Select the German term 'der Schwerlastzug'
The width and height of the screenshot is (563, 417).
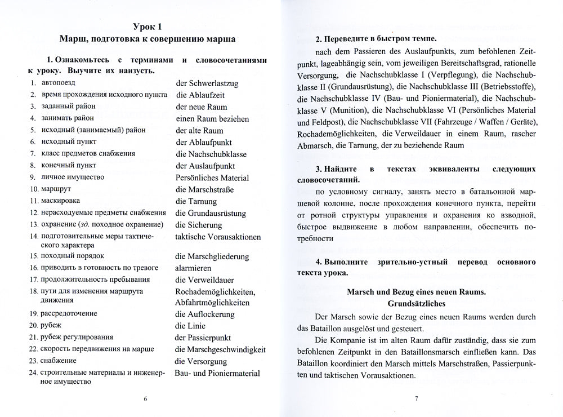207,83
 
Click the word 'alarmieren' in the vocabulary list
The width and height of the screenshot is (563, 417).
194,267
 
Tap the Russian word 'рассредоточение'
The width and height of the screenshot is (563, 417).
68,314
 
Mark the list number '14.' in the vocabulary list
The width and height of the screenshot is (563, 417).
33,237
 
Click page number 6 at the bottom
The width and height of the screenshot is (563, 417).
146,399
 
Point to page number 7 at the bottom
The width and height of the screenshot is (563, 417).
416,399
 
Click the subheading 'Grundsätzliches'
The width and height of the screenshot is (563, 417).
416,303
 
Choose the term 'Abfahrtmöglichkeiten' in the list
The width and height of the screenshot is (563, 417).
215,302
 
